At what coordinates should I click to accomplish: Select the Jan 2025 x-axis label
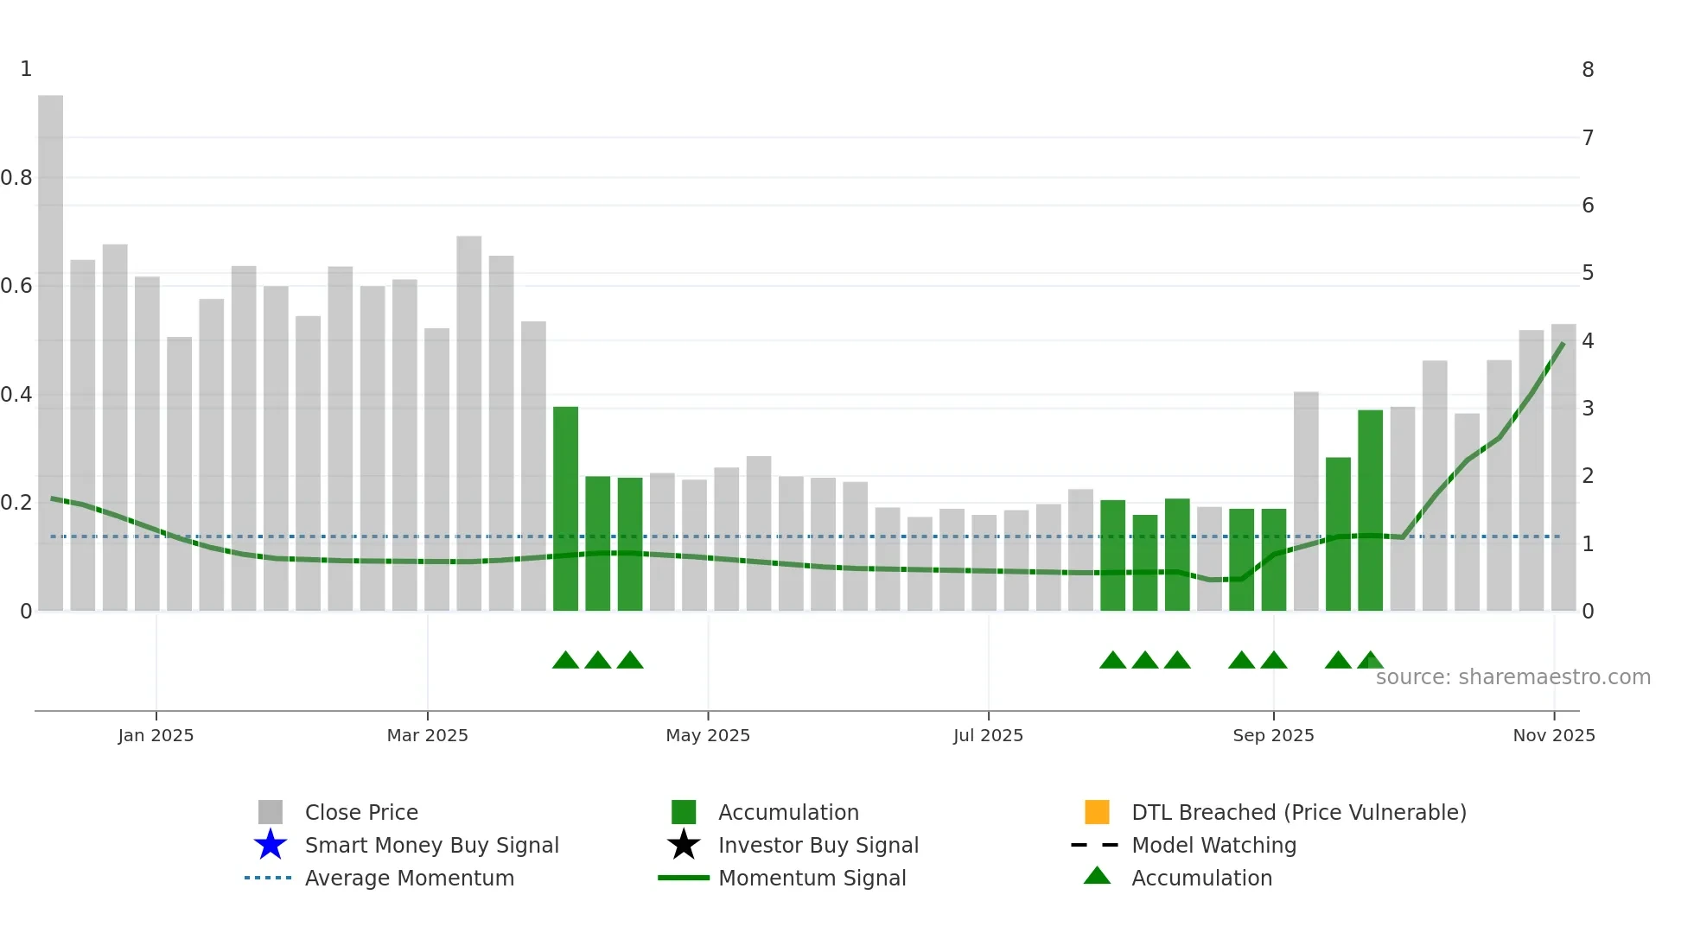[x=156, y=735]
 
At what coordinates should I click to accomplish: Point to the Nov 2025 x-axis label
[x=1553, y=735]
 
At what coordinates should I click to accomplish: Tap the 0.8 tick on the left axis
[x=16, y=178]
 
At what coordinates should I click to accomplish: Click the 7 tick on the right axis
[x=1588, y=137]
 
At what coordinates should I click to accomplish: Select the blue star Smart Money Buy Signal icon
[x=271, y=845]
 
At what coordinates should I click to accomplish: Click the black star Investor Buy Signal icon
[x=684, y=845]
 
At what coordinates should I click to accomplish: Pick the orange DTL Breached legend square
[x=1097, y=812]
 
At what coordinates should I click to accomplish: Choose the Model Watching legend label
[x=1213, y=845]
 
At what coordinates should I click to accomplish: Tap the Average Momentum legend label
[x=409, y=878]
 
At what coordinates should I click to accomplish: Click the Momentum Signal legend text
[x=812, y=878]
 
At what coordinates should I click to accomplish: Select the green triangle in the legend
[x=1097, y=876]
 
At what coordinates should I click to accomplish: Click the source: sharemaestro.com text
[x=1512, y=677]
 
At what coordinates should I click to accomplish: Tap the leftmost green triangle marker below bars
[x=565, y=661]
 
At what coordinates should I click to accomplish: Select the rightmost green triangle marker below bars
[x=1370, y=661]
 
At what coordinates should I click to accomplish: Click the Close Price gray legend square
[x=271, y=812]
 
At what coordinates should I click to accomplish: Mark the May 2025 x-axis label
[x=707, y=735]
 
